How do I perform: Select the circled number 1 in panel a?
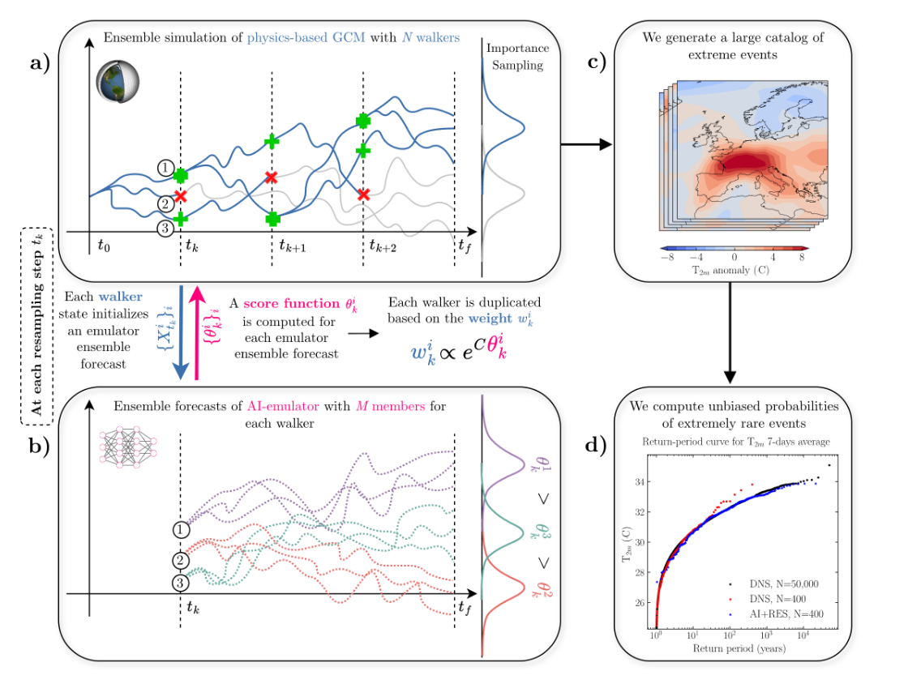pos(165,168)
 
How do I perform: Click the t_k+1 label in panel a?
pos(292,246)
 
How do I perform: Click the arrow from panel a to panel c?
pos(588,145)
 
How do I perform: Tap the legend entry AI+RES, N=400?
pos(778,613)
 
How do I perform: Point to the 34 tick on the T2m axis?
pos(640,481)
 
